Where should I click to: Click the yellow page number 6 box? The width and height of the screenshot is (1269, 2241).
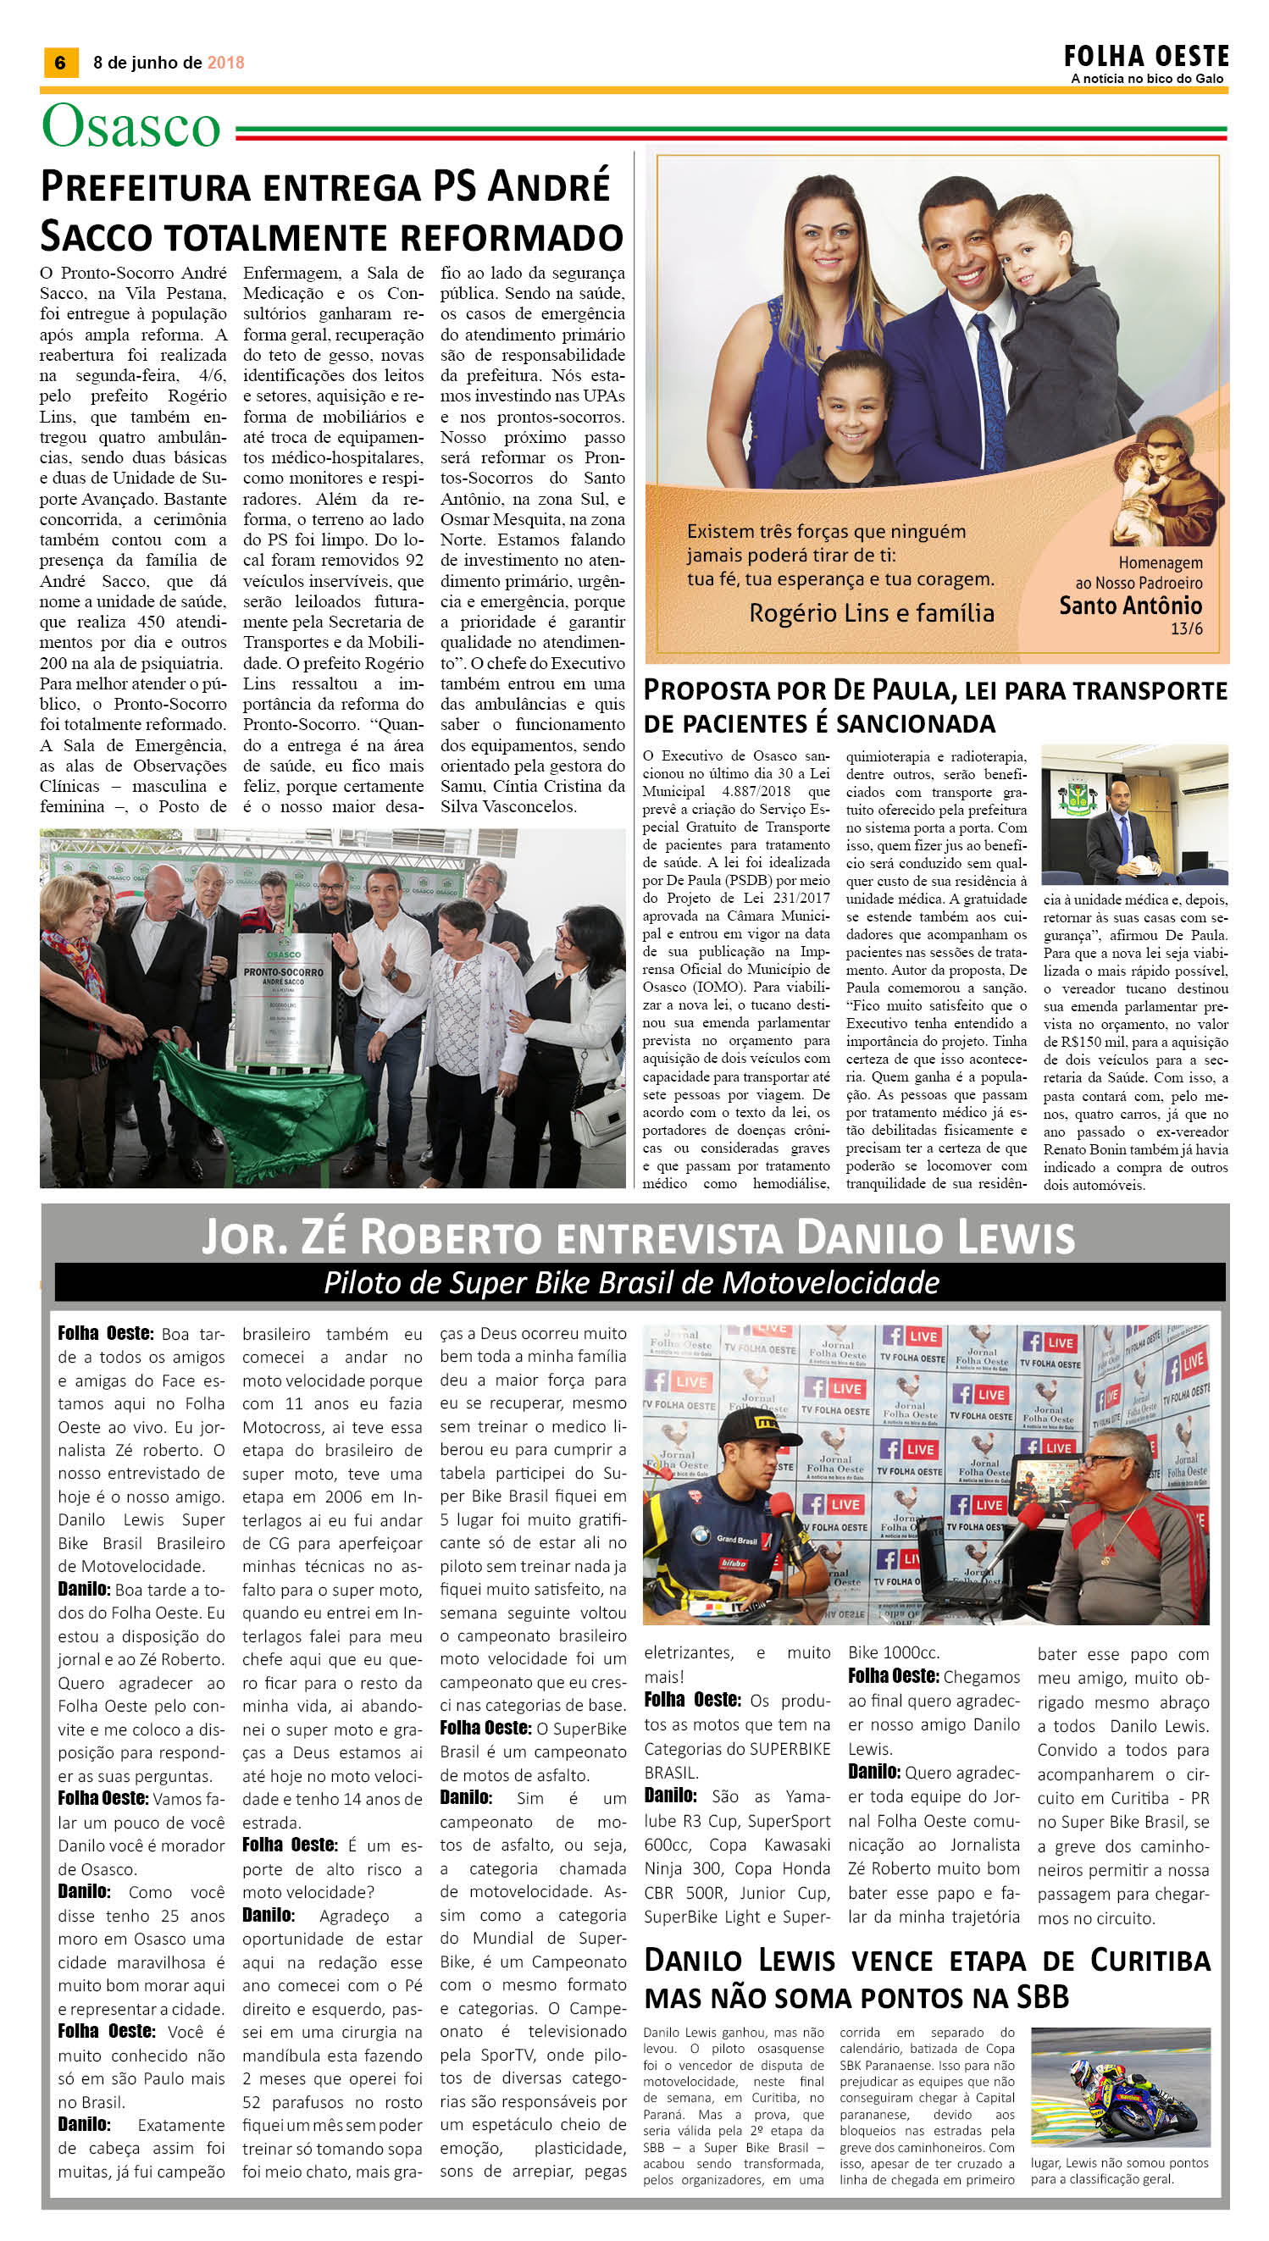(x=60, y=63)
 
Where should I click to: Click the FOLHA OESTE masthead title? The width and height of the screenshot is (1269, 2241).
(x=1145, y=58)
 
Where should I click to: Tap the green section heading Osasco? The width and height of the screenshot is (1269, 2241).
(x=130, y=126)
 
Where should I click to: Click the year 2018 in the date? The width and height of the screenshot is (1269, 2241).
(x=225, y=63)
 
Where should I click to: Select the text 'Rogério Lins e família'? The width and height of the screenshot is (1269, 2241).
(x=871, y=613)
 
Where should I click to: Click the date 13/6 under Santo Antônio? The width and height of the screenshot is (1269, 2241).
(x=1186, y=628)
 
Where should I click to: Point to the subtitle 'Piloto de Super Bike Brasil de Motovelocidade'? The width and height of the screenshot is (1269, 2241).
(x=631, y=1282)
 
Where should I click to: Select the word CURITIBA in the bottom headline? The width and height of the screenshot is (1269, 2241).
(x=1150, y=1961)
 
